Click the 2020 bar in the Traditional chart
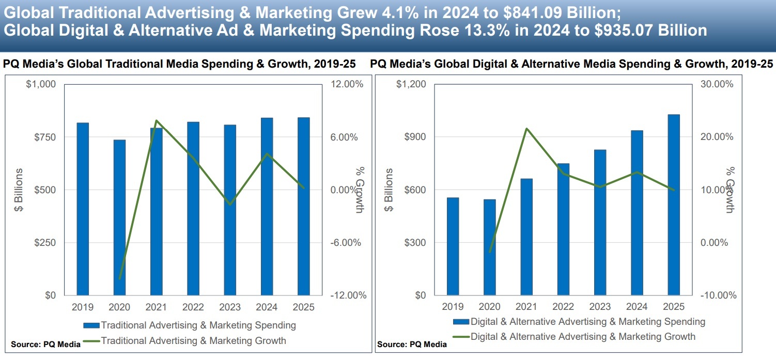pyautogui.click(x=119, y=217)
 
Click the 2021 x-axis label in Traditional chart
pyautogui.click(x=156, y=307)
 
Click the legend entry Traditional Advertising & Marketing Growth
pyautogui.click(x=193, y=341)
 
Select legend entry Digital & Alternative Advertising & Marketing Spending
pyautogui.click(x=587, y=322)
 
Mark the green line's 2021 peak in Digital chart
pyautogui.click(x=526, y=128)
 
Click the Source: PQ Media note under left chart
pyautogui.click(x=45, y=345)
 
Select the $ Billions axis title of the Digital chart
pyautogui.click(x=389, y=190)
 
